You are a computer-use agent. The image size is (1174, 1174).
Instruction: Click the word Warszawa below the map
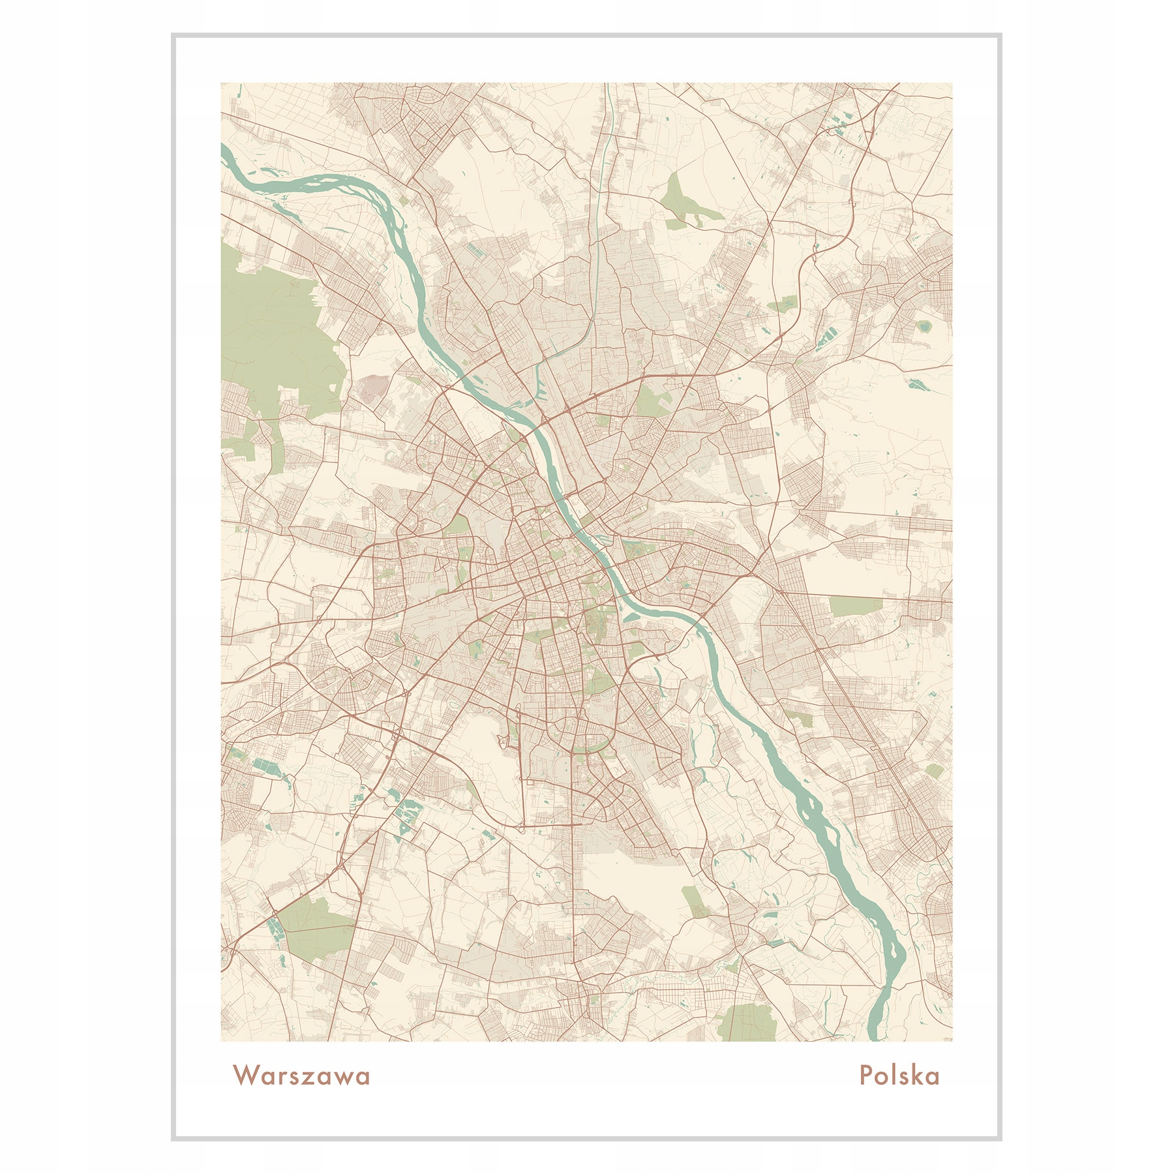pos(301,1076)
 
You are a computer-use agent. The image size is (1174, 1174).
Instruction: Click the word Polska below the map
pos(899,1076)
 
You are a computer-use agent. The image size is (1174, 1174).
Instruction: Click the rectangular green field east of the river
pos(855,606)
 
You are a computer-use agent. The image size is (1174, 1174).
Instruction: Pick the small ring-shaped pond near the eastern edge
pos(924,325)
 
